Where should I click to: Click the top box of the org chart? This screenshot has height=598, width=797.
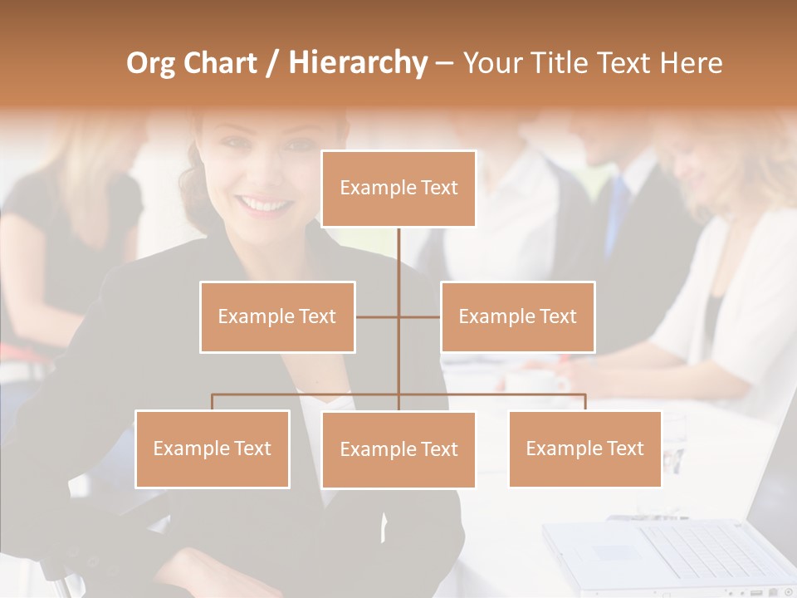[x=398, y=189]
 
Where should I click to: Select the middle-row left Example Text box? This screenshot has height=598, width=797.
[x=277, y=316]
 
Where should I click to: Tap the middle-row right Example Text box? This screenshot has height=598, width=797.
[x=517, y=316]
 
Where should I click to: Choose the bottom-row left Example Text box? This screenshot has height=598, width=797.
[x=213, y=448]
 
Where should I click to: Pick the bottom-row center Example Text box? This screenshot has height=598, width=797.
[x=398, y=450]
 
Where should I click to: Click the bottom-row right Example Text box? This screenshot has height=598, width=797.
[x=584, y=448]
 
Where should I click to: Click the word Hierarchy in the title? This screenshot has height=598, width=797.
[x=358, y=63]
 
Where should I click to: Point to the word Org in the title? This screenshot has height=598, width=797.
[x=151, y=63]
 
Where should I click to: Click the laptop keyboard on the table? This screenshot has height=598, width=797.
[x=706, y=545]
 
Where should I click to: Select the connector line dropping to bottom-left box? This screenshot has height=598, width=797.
[x=213, y=402]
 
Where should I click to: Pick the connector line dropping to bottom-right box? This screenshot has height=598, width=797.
[x=584, y=402]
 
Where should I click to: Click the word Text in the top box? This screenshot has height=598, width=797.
[x=438, y=189]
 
